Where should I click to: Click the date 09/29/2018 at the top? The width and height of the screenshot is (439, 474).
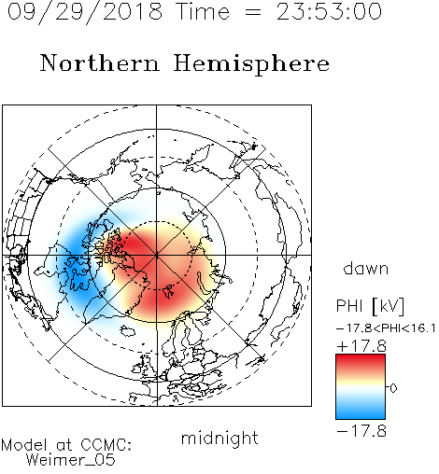[x=85, y=12]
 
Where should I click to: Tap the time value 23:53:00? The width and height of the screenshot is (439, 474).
[x=329, y=12]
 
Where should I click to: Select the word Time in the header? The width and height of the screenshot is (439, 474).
[x=203, y=12]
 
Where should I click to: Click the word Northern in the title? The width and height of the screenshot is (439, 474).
[x=100, y=63]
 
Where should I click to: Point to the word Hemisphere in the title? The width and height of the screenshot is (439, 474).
[x=251, y=63]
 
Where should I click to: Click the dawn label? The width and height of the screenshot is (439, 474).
[x=366, y=269]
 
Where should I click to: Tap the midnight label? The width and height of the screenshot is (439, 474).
[x=219, y=438]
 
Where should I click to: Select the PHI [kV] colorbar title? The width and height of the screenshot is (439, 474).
[x=370, y=306]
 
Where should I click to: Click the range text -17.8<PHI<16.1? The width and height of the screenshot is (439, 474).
[x=386, y=328]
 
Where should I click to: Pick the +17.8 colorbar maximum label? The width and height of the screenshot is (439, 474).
[x=361, y=346]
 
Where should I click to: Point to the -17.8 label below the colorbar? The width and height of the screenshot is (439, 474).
[x=361, y=431]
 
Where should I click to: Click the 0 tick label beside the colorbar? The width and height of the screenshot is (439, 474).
[x=393, y=388]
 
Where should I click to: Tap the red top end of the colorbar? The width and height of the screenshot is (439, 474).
[x=361, y=358]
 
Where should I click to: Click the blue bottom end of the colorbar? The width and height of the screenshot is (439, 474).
[x=361, y=415]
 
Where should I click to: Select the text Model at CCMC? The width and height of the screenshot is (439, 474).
[x=66, y=445]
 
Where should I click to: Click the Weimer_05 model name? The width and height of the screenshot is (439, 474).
[x=71, y=460]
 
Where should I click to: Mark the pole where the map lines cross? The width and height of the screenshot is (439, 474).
[x=157, y=256]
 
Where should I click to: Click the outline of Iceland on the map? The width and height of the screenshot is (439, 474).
[x=128, y=331]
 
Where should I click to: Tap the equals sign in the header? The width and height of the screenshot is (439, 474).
[x=253, y=13]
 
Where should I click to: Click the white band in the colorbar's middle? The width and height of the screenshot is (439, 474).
[x=361, y=388]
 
